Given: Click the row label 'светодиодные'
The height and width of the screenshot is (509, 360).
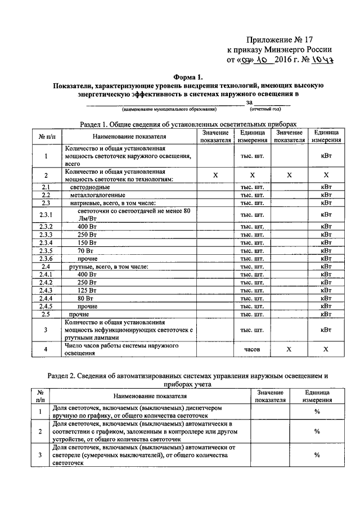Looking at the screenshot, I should click(89, 187).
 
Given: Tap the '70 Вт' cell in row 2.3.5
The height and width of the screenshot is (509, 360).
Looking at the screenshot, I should click(85, 250).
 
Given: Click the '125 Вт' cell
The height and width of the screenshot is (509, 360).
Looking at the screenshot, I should click(88, 290).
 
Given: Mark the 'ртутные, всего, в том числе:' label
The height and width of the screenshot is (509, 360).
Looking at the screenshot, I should click(109, 266).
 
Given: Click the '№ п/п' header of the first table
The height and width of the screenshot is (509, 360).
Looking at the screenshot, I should click(46, 136).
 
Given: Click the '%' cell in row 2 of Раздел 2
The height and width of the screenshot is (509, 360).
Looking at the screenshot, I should click(317, 431).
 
